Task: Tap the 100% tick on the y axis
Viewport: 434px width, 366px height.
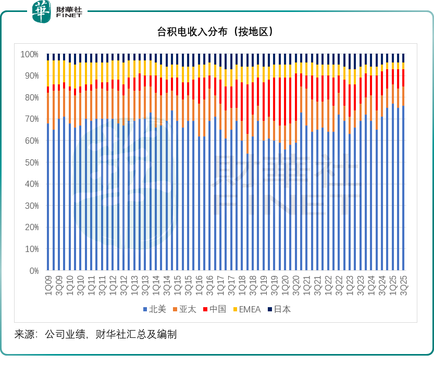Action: pos(29,54)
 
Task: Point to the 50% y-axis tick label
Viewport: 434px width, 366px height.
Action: pos(31,162)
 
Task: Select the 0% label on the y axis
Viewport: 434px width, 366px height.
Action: pos(33,271)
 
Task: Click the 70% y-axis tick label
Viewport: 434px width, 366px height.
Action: pos(31,119)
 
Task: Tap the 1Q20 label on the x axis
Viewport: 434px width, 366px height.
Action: pos(286,284)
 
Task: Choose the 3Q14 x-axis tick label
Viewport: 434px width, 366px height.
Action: pos(167,284)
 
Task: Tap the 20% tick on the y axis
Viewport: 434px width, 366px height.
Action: pos(31,228)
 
